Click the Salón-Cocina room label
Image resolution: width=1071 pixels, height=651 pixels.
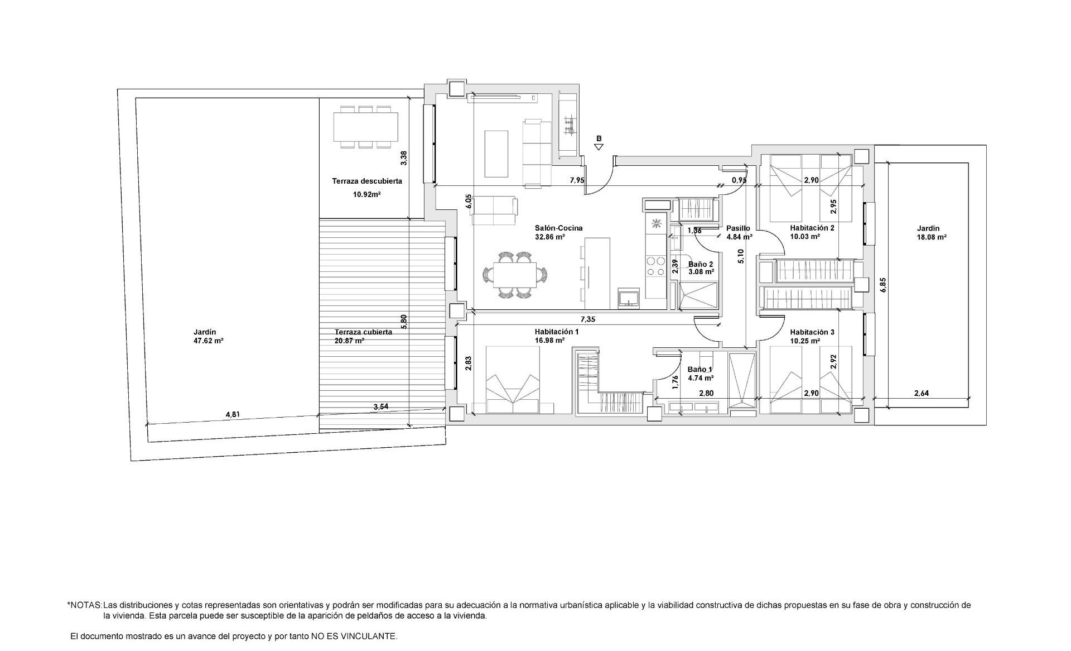click(x=558, y=228)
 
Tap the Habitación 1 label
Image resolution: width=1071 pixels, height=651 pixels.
click(x=556, y=332)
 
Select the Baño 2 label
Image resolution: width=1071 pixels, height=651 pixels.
click(x=701, y=264)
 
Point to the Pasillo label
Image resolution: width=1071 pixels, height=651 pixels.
click(x=738, y=228)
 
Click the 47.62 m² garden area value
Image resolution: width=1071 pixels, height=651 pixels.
click(x=208, y=340)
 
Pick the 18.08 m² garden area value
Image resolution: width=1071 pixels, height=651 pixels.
click(x=932, y=237)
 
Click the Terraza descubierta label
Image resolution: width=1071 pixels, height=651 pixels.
click(x=367, y=181)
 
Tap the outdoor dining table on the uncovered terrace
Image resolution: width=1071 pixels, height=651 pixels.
click(x=366, y=127)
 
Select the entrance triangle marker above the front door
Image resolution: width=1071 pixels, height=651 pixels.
click(x=599, y=147)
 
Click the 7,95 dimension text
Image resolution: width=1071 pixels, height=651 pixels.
click(x=577, y=180)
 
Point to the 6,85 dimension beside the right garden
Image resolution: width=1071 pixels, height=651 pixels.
click(x=882, y=285)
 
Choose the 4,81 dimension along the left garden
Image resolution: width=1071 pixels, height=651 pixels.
click(x=232, y=414)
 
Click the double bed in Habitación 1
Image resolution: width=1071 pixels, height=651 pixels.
click(x=512, y=380)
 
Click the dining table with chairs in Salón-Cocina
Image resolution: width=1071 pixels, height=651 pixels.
click(x=515, y=275)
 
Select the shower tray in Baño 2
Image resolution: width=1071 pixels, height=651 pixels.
click(x=697, y=295)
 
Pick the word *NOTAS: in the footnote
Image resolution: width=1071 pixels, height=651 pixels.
click(x=84, y=605)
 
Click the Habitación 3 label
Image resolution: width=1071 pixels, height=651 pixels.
click(x=812, y=332)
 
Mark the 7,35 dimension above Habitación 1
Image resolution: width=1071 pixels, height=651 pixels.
click(x=588, y=319)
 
